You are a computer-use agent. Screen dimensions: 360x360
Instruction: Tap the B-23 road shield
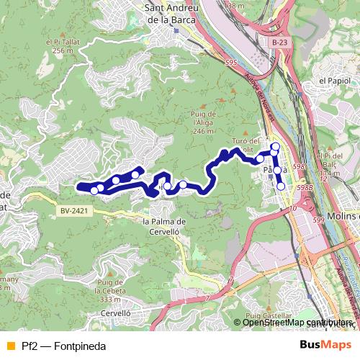click(284, 44)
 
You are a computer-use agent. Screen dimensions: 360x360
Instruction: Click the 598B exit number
click(305, 187)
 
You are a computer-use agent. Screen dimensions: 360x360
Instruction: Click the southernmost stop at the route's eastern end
click(281, 186)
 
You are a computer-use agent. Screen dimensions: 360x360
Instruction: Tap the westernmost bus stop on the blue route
click(94, 190)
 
